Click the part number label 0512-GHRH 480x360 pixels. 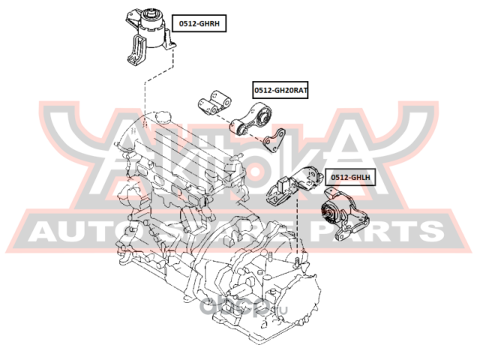(x=199, y=24)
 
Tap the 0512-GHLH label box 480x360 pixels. (x=349, y=178)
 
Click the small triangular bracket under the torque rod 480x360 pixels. (x=277, y=140)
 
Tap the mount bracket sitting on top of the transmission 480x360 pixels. (x=292, y=187)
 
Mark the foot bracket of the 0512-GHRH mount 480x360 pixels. (x=135, y=54)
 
